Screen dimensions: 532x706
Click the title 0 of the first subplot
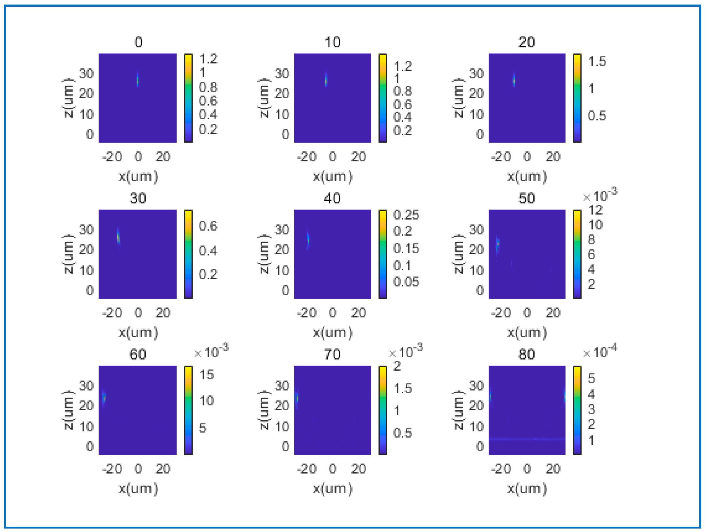[x=138, y=42]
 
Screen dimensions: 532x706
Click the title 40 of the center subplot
[x=332, y=198]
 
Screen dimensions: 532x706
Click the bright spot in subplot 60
[x=104, y=398]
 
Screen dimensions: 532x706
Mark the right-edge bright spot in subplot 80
[x=564, y=396]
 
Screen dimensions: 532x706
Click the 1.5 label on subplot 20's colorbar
[x=597, y=61]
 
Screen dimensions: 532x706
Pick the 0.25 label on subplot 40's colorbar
[x=406, y=215]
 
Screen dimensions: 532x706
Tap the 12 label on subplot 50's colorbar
[x=595, y=210]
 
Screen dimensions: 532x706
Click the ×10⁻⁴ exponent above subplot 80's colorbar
[x=600, y=352]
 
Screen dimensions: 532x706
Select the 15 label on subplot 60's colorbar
[x=206, y=375]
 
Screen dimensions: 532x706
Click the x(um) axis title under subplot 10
[x=332, y=177]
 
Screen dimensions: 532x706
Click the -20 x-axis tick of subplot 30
[x=112, y=313]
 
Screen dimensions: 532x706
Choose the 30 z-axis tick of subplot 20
[x=476, y=74]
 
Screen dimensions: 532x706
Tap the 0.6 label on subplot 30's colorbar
[x=208, y=226]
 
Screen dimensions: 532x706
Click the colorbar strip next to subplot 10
[x=383, y=98]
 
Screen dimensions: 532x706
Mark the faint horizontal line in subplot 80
[x=526, y=439]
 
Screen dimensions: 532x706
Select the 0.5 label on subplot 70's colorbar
[x=402, y=432]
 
